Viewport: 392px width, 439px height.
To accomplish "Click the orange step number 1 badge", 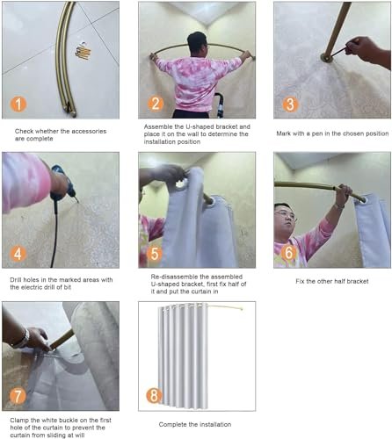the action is tap(18, 104).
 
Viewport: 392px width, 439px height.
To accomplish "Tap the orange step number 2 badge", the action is tap(156, 104).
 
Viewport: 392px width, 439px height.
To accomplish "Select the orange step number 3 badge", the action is tap(290, 104).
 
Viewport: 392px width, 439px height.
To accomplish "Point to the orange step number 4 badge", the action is tap(18, 254).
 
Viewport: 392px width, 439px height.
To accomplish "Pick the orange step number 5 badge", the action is tap(155, 254).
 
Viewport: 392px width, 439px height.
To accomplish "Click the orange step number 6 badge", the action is tap(289, 253).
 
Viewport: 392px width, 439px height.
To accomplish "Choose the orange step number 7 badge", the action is tap(18, 396).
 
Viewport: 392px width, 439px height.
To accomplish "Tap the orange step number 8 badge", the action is tap(155, 395).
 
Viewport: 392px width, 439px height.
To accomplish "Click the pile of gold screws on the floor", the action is tap(83, 52).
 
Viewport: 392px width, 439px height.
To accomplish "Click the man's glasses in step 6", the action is tap(285, 216).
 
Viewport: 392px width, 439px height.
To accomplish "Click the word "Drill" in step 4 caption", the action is tap(16, 280).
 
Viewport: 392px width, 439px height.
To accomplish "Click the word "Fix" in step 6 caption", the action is tap(300, 281).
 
